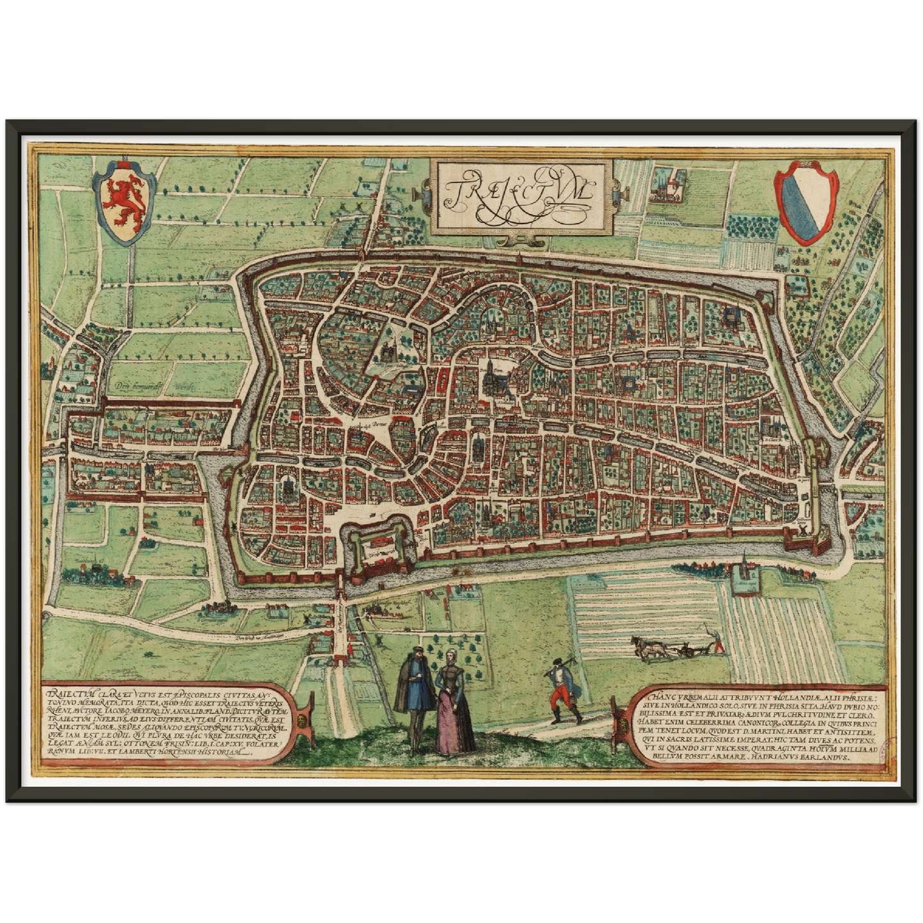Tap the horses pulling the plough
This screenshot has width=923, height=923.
click(x=648, y=647)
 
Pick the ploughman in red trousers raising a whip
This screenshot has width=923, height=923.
click(x=719, y=641)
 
